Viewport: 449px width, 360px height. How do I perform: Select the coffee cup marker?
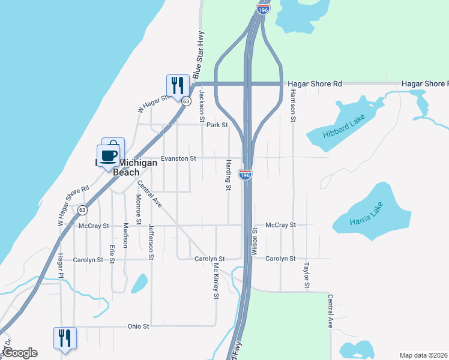tap(109, 157)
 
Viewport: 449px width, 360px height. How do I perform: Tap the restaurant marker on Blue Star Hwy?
tap(178, 86)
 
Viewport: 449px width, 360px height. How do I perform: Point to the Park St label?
tap(217, 125)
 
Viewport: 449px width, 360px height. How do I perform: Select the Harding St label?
tap(229, 175)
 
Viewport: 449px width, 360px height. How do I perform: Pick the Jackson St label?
tap(202, 102)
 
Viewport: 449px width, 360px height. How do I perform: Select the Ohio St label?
tap(138, 326)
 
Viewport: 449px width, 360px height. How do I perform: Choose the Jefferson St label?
tap(151, 242)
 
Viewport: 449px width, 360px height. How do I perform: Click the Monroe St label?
tap(138, 205)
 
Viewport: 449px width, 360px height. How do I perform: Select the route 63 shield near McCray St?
tap(82, 210)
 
